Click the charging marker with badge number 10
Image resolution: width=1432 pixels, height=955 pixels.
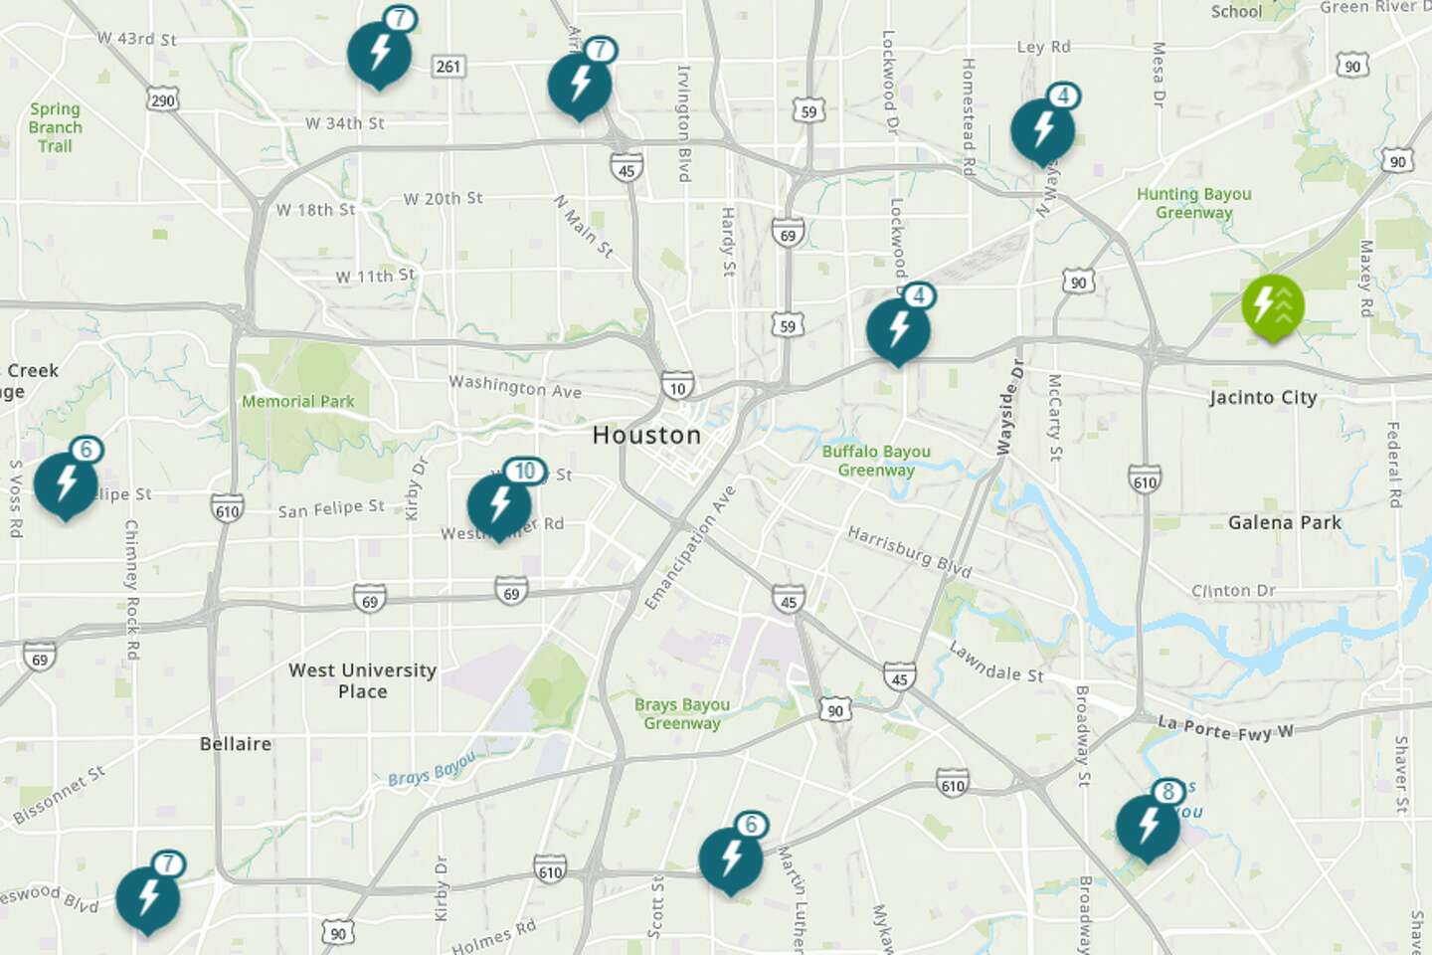[x=500, y=504]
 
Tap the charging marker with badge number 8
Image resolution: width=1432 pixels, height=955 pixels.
[x=1148, y=826]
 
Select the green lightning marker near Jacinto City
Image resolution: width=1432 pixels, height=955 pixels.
[x=1272, y=305]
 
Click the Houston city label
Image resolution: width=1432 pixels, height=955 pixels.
[x=646, y=435]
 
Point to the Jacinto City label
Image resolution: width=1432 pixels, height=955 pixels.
[x=1263, y=398]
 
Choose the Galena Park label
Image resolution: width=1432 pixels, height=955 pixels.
[x=1284, y=522]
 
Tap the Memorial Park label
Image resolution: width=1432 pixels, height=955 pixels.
[x=298, y=402]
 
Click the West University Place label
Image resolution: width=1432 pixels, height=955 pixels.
[x=362, y=680]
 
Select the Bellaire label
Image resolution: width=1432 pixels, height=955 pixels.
[x=236, y=744]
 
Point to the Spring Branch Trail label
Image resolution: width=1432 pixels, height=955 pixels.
[x=56, y=127]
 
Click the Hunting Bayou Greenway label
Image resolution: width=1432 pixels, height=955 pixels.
[x=1193, y=203]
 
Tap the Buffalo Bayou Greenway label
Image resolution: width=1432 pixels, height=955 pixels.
[x=876, y=461]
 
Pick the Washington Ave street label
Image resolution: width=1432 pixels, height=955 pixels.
[x=515, y=386]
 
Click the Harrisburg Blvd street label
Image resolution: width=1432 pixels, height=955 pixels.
[x=909, y=552]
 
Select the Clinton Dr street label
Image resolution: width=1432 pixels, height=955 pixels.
[x=1233, y=591]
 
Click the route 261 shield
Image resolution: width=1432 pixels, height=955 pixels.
[x=448, y=67]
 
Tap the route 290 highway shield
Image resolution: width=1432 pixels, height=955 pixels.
[x=162, y=100]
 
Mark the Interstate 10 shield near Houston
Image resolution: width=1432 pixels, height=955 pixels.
[x=677, y=388]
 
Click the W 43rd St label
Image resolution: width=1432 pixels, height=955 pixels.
[x=137, y=39]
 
